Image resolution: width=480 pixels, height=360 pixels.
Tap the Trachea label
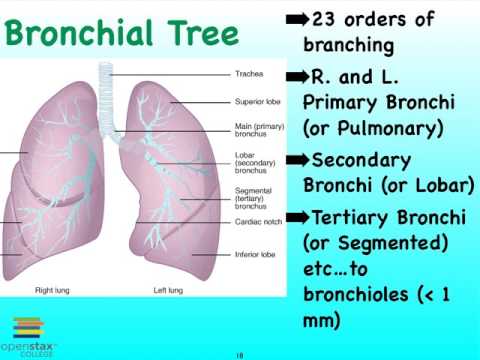tap(249, 74)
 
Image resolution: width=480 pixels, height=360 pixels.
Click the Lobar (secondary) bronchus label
tap(256, 164)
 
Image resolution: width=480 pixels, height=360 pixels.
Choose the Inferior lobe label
tap(256, 254)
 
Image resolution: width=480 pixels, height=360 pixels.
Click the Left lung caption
tap(167, 291)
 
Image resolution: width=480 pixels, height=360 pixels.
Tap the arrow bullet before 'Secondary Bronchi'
tap(297, 160)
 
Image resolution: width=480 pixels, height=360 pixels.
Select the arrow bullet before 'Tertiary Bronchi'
tap(297, 217)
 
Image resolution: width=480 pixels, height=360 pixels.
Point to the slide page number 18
tap(239, 354)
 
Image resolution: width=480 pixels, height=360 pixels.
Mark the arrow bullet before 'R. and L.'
tap(297, 76)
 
